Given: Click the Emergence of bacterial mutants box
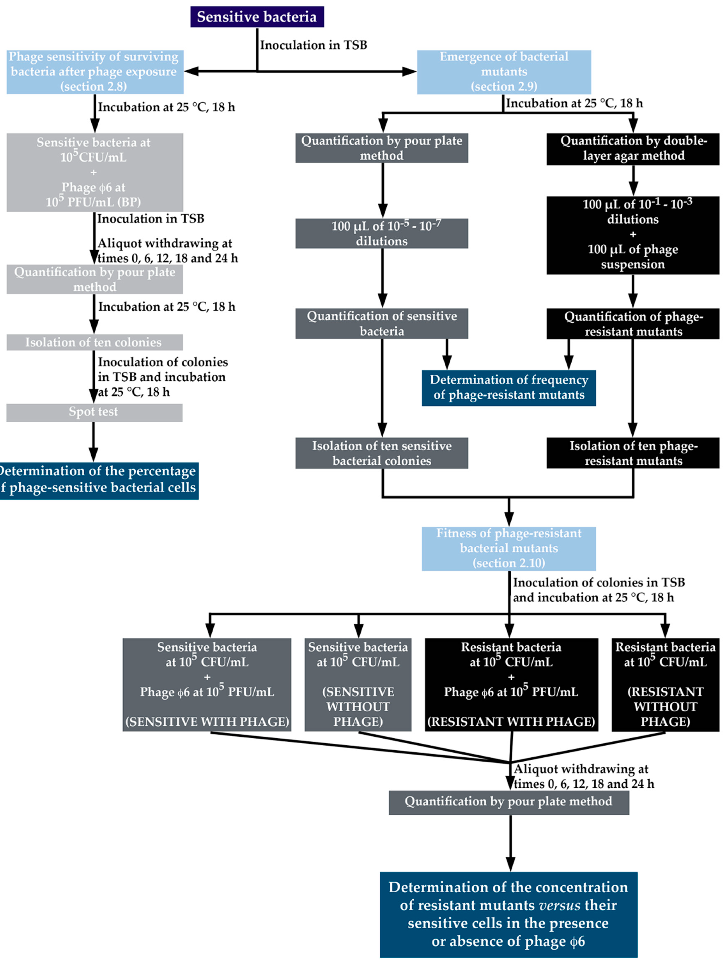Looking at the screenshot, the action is pos(504,72).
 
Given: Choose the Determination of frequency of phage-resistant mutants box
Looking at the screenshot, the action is pos(509,388).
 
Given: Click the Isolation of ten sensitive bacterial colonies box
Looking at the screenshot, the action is pos(382,453).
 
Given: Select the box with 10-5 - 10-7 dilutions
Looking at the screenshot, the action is pos(382,234).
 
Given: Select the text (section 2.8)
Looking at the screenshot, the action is pos(94,86).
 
